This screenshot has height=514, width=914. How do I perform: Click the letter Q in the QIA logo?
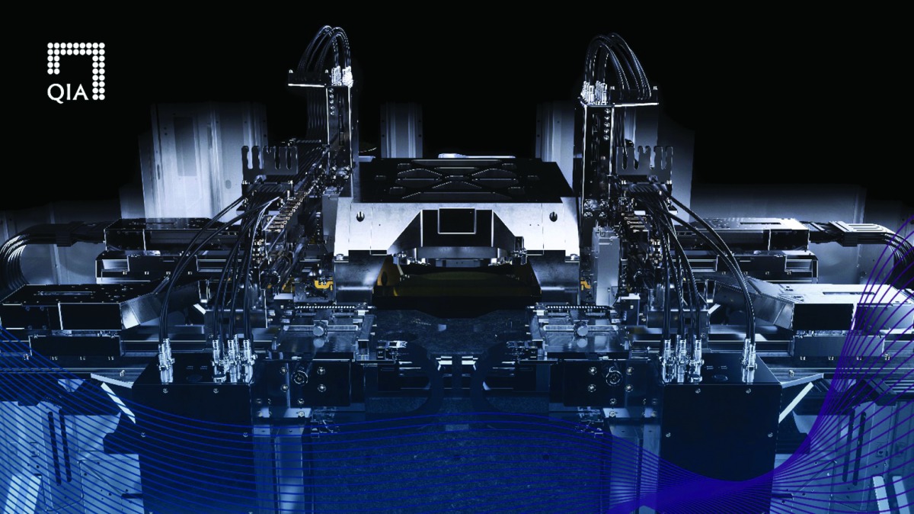tap(54, 94)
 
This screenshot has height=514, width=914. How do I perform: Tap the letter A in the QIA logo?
tap(81, 94)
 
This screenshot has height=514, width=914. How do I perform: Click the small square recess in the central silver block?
tap(457, 220)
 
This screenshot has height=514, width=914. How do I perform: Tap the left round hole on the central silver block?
tap(360, 215)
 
